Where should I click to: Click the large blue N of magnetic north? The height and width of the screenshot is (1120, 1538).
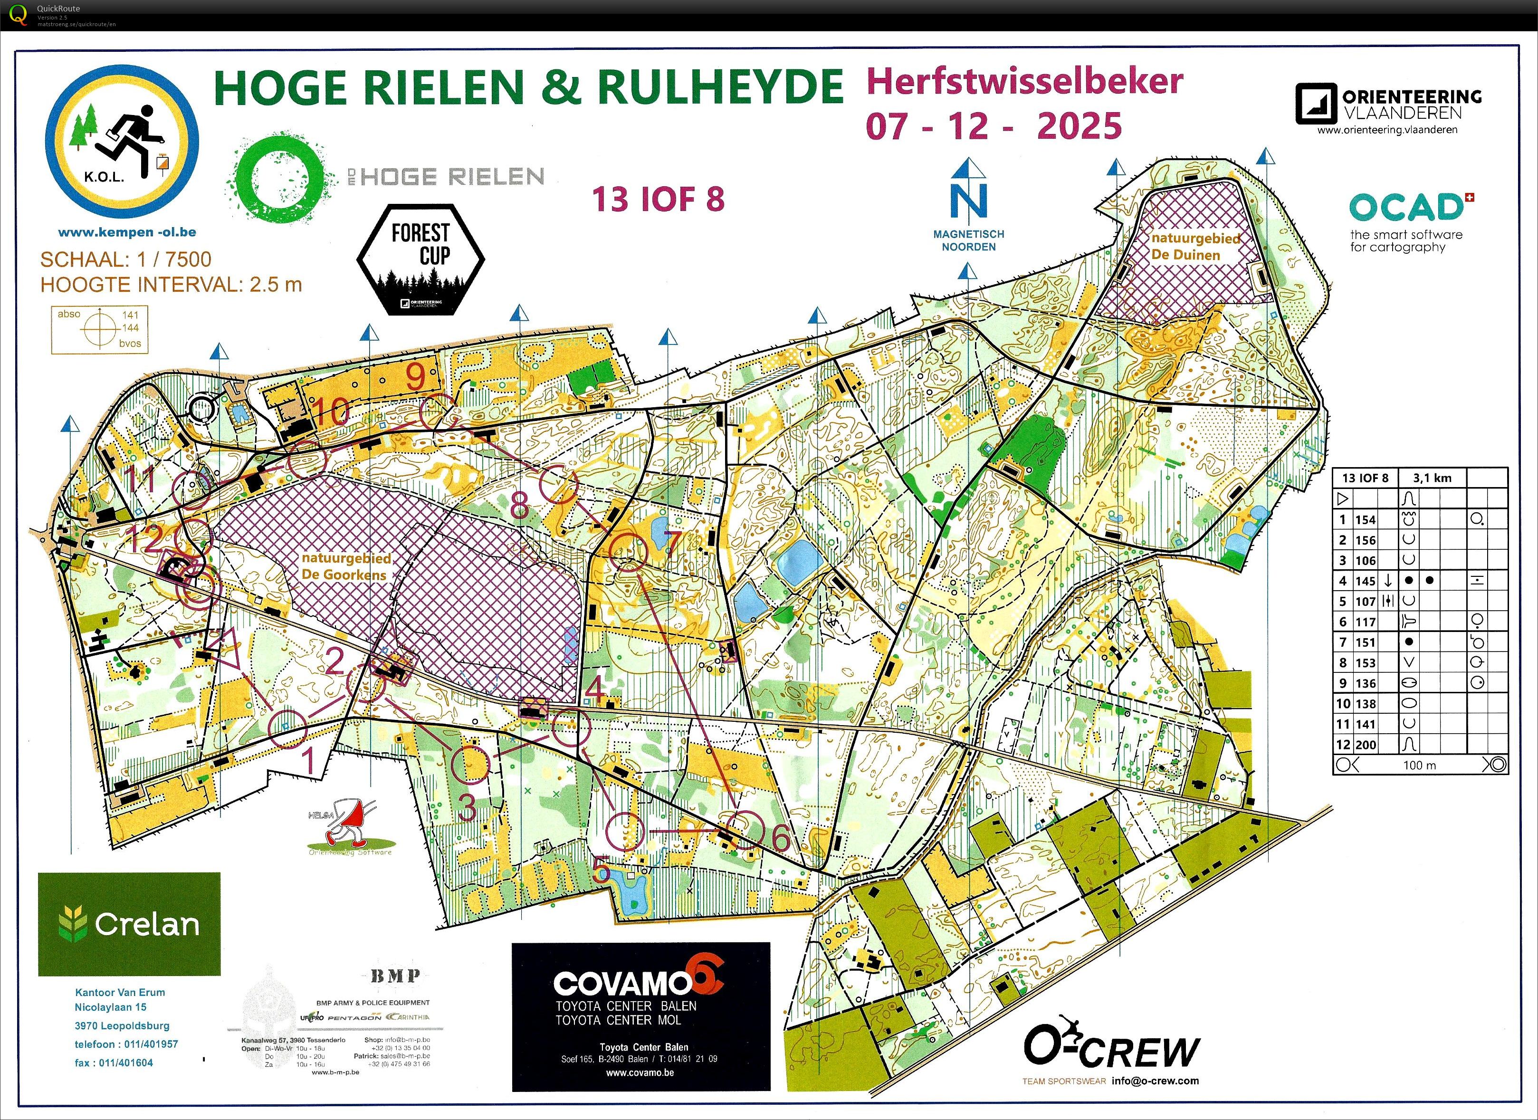tap(968, 201)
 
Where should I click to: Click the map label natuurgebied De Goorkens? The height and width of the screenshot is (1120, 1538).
tap(346, 566)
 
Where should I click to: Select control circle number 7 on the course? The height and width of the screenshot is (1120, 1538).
tap(628, 551)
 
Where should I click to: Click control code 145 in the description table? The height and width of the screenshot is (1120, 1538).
tap(1365, 581)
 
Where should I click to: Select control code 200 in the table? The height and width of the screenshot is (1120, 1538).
tap(1365, 745)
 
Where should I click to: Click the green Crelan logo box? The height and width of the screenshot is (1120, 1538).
tap(129, 924)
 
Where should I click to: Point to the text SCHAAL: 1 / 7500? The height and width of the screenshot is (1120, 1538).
tap(125, 259)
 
